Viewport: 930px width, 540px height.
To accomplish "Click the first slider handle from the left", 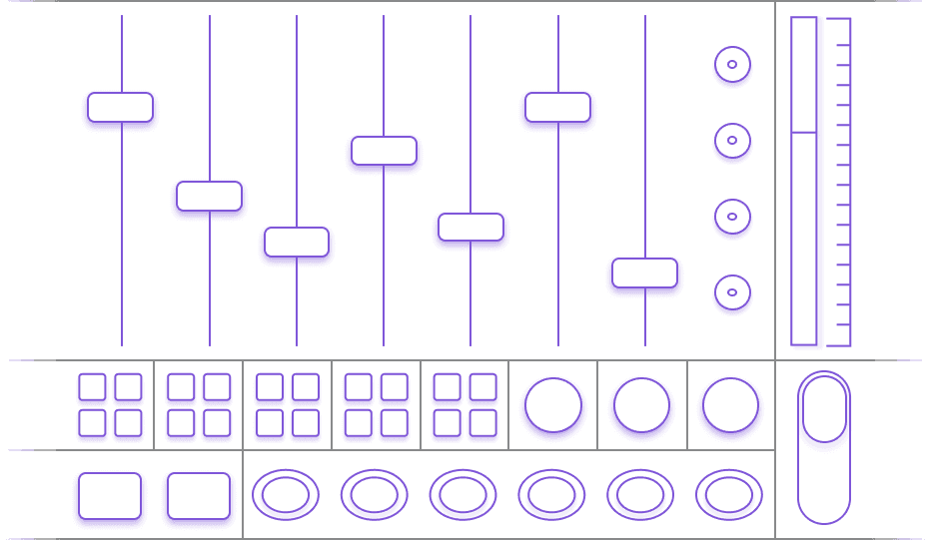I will pos(121,108).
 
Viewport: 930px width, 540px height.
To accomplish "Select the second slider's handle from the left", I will pos(209,197).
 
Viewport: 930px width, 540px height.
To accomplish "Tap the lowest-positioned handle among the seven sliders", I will pos(644,273).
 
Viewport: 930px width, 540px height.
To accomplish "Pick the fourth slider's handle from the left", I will pos(384,152).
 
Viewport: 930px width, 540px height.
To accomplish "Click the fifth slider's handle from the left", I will pos(470,228).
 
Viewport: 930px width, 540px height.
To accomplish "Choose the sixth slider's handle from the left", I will pos(557,108).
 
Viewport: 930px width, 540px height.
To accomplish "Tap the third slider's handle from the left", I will pos(297,243).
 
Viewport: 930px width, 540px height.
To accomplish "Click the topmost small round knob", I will pos(732,65).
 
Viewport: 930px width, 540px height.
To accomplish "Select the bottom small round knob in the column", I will pos(732,292).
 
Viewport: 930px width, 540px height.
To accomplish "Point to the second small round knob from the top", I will pos(732,141).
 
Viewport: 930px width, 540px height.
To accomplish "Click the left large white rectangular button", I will pos(110,496).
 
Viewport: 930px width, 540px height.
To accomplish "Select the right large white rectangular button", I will pos(199,496).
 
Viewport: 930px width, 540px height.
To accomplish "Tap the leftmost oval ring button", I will pos(286,494).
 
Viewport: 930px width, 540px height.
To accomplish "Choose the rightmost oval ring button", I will pos(729,494).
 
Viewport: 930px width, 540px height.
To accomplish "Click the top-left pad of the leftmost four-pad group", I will pos(92,387).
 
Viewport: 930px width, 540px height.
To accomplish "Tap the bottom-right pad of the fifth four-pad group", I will pos(482,423).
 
